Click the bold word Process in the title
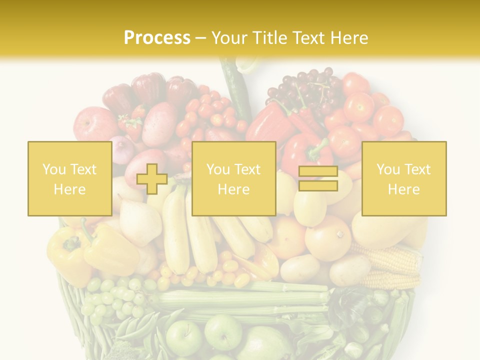157,38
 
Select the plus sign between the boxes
152,179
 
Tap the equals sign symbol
318,179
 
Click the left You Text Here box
69,178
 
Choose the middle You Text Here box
233,178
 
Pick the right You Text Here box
403,178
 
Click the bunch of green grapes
112,297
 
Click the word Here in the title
348,38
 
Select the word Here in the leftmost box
69,189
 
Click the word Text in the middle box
247,169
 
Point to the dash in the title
201,38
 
